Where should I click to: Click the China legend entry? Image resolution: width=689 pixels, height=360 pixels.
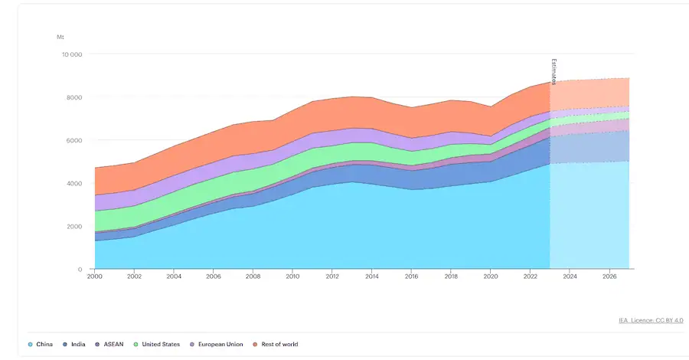(42, 344)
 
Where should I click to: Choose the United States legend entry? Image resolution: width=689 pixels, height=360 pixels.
(160, 344)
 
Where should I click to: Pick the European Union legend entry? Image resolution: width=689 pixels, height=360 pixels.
(218, 344)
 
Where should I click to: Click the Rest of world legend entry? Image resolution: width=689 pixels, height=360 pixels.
(279, 344)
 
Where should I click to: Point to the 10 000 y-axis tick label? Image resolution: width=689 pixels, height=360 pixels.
(71, 54)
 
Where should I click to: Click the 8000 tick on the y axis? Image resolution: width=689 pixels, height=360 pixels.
(73, 97)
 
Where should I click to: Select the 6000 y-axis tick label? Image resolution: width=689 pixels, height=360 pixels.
(73, 140)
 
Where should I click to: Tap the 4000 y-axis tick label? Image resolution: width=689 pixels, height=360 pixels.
(73, 183)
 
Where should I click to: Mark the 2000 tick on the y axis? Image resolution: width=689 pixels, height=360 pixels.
(73, 226)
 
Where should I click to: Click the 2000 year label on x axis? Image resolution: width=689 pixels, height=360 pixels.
(95, 276)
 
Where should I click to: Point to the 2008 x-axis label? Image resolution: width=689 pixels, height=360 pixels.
(253, 276)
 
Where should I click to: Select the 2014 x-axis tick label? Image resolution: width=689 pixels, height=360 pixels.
(371, 276)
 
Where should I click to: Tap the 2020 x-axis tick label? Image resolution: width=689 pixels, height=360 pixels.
(490, 276)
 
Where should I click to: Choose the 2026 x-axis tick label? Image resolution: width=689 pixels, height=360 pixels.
(609, 276)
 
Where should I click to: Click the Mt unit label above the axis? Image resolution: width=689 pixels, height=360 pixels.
(60, 37)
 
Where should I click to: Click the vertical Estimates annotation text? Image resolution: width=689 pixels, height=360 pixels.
(553, 71)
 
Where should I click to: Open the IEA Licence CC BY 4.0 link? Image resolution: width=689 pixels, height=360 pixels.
(651, 320)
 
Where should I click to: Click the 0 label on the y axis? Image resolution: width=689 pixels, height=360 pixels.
(80, 269)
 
